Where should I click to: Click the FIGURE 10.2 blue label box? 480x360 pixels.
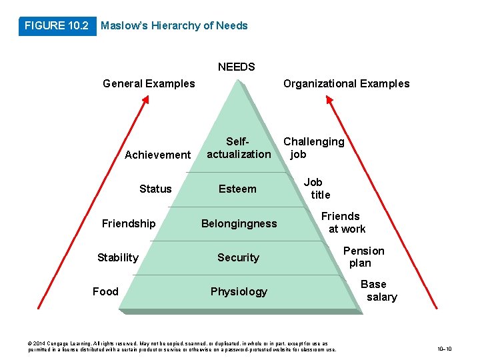click(x=56, y=26)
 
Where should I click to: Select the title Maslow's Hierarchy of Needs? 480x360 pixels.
click(x=173, y=26)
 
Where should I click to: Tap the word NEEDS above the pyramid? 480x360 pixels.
click(x=236, y=67)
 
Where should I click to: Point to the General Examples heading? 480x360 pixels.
click(x=149, y=84)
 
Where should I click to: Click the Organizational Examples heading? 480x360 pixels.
click(x=346, y=84)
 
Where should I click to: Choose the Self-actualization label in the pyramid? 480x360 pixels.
click(x=239, y=148)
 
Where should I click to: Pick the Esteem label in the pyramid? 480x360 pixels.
click(x=237, y=189)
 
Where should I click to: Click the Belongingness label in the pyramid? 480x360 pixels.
click(x=239, y=224)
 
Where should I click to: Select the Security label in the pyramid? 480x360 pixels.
click(x=238, y=258)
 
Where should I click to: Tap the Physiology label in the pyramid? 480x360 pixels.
click(x=239, y=292)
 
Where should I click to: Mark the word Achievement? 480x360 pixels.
click(x=157, y=155)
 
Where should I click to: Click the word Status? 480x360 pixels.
click(x=155, y=189)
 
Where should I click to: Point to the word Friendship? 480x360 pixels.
click(x=129, y=224)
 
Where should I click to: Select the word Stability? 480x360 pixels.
click(x=118, y=258)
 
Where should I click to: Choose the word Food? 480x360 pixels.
click(x=105, y=292)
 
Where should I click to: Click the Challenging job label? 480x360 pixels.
click(x=313, y=148)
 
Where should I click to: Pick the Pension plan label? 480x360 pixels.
click(x=363, y=257)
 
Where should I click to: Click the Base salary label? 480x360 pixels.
click(x=378, y=291)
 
